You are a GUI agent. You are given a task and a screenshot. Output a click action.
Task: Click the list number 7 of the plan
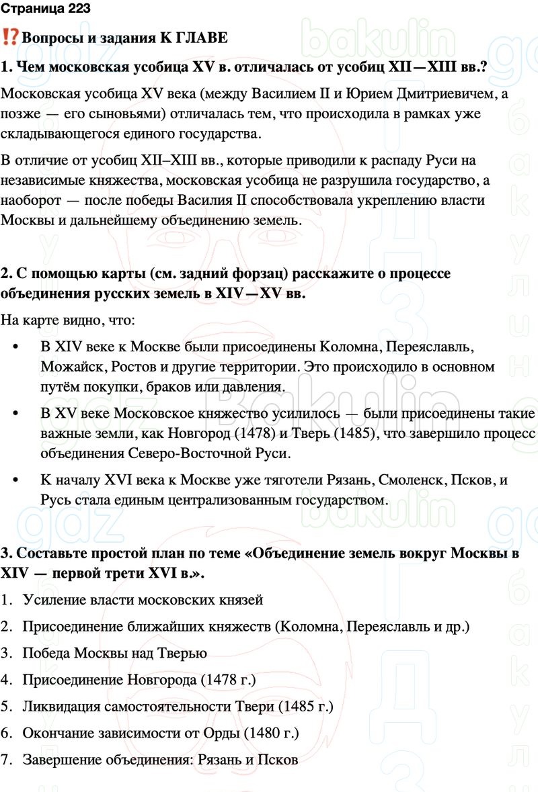5,760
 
